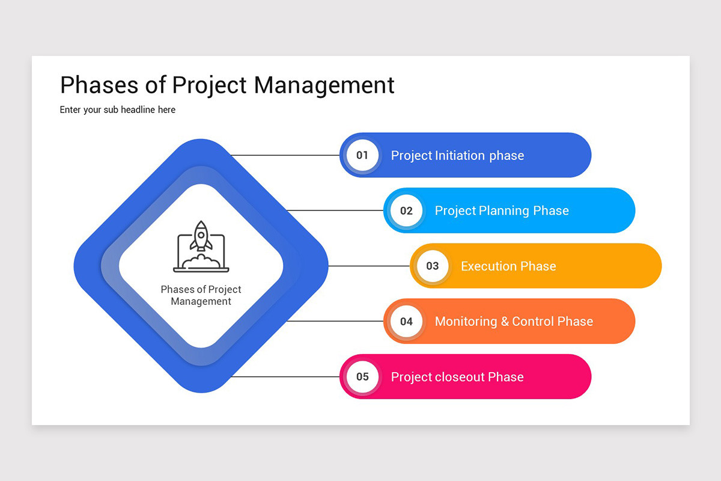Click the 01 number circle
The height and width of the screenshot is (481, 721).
click(x=362, y=155)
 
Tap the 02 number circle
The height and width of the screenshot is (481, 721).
click(x=406, y=210)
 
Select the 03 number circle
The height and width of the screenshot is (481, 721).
click(x=433, y=266)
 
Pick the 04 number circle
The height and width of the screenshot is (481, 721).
click(x=406, y=321)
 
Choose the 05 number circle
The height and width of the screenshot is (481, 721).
click(x=362, y=377)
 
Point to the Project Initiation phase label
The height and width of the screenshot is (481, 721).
click(x=457, y=156)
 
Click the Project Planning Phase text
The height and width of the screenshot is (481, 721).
click(x=502, y=211)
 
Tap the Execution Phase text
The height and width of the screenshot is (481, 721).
click(x=508, y=266)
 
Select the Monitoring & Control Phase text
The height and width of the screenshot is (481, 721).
click(x=514, y=322)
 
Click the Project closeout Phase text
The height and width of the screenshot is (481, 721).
click(x=457, y=377)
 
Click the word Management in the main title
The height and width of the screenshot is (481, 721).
click(x=324, y=85)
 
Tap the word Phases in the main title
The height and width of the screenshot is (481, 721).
click(x=100, y=85)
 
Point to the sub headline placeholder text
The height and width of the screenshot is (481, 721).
click(x=118, y=110)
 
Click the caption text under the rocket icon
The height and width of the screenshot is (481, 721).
click(x=201, y=295)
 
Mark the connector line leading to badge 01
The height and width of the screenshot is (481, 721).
click(x=285, y=155)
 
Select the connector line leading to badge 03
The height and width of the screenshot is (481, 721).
click(x=369, y=266)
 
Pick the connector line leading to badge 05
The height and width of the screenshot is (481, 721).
click(x=285, y=377)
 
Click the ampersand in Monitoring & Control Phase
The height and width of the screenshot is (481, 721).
click(x=504, y=322)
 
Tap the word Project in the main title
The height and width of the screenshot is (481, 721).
click(x=210, y=85)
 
